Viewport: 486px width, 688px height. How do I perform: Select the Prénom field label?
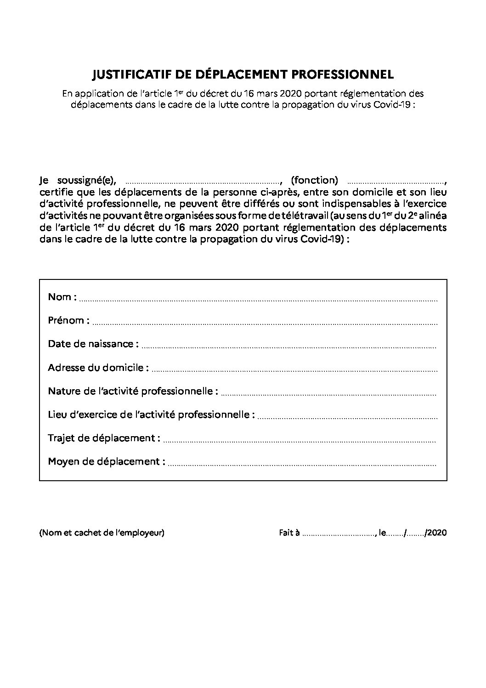(x=68, y=320)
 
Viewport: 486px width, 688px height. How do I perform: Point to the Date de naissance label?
(x=93, y=344)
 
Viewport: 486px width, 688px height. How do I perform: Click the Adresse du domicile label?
(x=98, y=368)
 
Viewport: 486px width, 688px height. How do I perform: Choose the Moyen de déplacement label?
(x=107, y=461)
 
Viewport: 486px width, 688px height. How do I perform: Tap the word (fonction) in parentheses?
(x=315, y=180)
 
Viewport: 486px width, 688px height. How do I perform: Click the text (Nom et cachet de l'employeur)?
(x=102, y=533)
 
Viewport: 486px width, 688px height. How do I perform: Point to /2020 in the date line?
(x=436, y=533)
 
